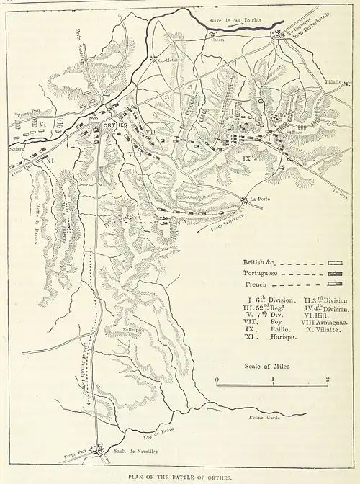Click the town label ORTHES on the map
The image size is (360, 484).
[115, 125]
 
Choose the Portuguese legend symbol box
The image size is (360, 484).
[334, 274]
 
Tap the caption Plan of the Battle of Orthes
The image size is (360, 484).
[181, 477]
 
